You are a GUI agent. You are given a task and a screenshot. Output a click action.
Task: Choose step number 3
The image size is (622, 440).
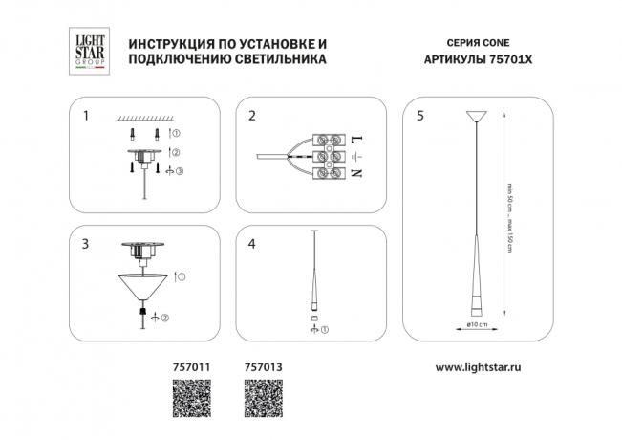(x=87, y=244)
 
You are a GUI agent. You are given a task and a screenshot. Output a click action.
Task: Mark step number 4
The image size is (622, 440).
(x=252, y=244)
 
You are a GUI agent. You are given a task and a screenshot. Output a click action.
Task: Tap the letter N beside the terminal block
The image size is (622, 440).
(x=356, y=173)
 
